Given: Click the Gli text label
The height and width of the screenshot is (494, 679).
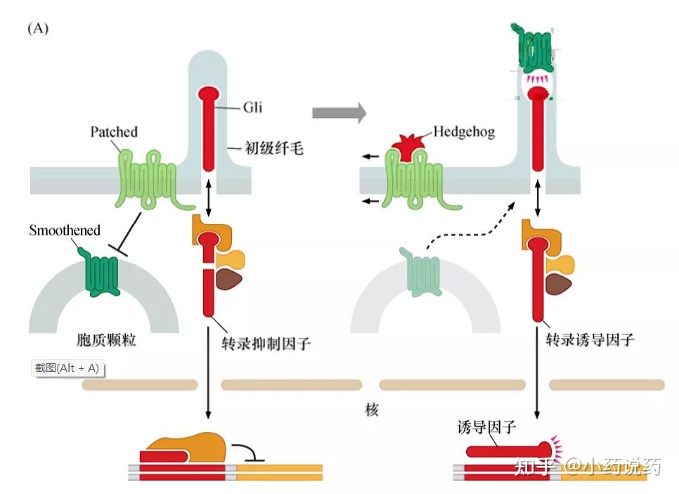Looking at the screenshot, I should (252, 108).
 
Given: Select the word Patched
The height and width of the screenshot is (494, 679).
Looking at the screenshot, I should (114, 131).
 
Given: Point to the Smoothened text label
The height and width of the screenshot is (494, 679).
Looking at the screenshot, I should (65, 230).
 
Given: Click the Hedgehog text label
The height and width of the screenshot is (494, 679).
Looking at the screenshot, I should (464, 131).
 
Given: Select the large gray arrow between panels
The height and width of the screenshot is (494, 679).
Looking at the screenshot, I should (339, 112).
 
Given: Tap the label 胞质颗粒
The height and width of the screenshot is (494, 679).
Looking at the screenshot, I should (106, 341).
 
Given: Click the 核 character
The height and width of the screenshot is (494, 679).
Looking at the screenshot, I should (372, 409).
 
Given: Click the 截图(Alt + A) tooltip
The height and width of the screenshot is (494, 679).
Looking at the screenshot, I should (67, 368).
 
